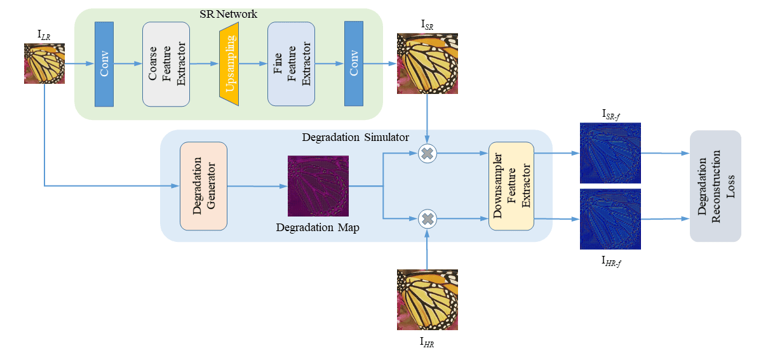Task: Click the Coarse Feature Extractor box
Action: pos(166,63)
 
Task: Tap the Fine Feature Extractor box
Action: pos(291,63)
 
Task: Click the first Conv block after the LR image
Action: pos(104,63)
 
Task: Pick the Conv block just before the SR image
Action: pos(353,63)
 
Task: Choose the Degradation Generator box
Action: pos(203,185)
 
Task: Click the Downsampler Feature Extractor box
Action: pos(511,185)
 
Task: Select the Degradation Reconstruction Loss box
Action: pos(715,185)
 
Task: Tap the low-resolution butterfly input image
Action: pos(44,63)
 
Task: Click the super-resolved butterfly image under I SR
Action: pos(427,63)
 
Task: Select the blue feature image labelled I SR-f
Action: pos(610,152)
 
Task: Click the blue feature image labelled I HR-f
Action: pos(610,219)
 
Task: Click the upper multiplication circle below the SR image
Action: pos(428,153)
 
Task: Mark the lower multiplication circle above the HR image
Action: pos(428,218)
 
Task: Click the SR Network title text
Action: pos(228,14)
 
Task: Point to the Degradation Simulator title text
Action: pos(354,138)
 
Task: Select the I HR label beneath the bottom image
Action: pos(427,342)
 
